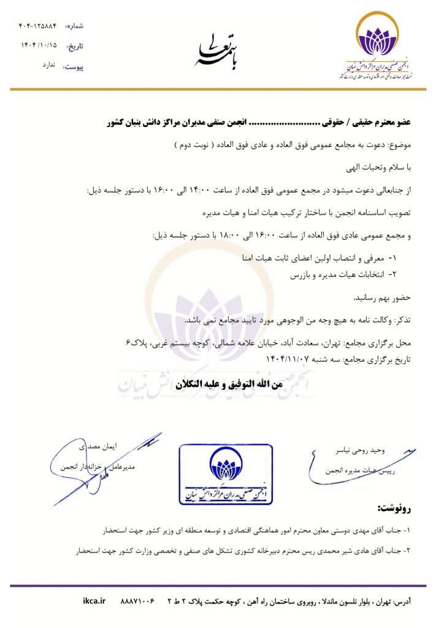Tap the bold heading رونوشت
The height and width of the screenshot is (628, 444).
(x=396, y=508)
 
